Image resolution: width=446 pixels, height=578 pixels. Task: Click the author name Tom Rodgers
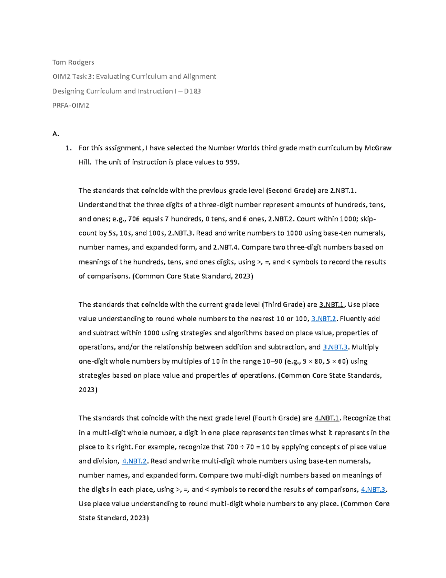73,62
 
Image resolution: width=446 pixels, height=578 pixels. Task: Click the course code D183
192,91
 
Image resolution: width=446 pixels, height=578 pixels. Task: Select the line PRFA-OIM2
71,105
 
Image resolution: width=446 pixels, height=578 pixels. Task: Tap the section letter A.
56,134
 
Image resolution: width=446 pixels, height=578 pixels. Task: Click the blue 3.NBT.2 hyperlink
324,319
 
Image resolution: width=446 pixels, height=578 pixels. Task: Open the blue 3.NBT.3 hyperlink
335,347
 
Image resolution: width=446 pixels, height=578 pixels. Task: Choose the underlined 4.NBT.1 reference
327,418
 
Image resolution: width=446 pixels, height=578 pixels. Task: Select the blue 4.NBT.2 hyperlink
135,461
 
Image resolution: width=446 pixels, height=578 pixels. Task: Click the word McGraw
378,148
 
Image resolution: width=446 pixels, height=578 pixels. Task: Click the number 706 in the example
134,219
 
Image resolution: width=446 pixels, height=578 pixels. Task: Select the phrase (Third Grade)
284,304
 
